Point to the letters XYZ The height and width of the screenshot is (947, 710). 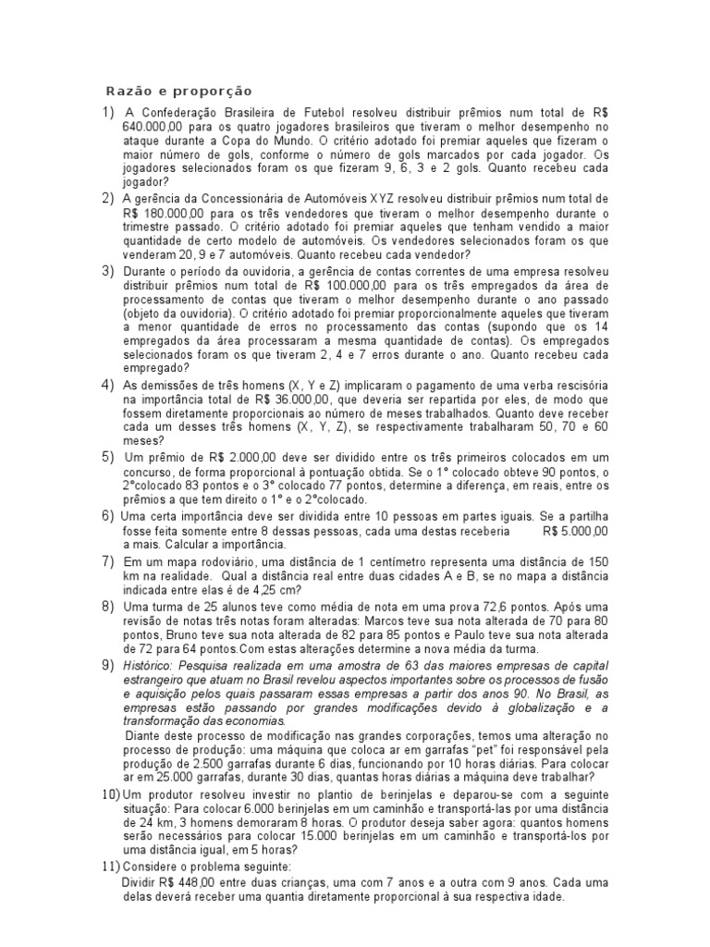point(416,199)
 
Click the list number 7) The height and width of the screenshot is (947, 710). point(108,561)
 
